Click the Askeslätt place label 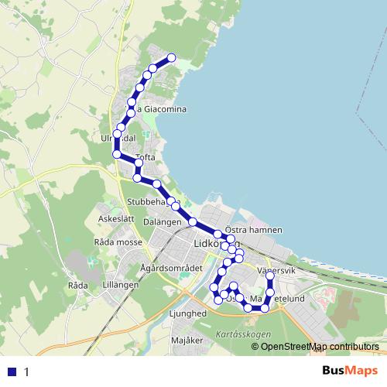point(116,219)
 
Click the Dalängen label point(162,221)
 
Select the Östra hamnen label point(253,230)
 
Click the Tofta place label point(146,157)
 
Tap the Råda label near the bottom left point(78,285)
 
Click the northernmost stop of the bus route point(172,57)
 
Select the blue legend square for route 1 point(12,372)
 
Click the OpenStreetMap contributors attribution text point(319,346)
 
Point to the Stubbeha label point(147,201)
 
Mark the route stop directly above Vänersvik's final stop point(270,274)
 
